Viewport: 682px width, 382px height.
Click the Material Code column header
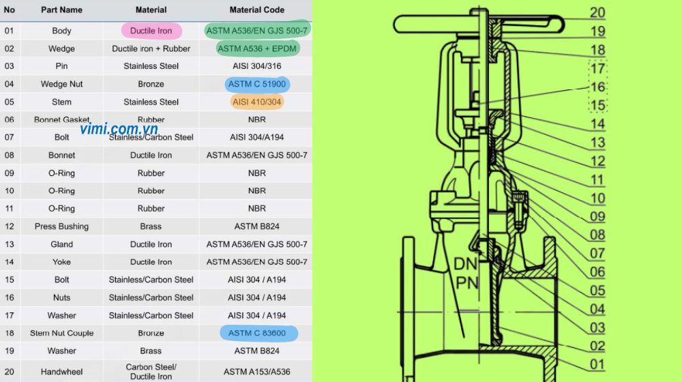pos(256,10)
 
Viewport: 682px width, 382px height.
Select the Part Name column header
pos(61,10)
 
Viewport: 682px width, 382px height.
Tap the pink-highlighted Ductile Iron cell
pos(151,31)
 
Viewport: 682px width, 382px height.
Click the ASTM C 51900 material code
pos(257,84)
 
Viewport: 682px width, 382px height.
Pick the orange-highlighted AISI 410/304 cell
pos(256,102)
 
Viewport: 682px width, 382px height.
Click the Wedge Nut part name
pos(61,84)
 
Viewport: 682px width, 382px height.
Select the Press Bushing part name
pos(61,226)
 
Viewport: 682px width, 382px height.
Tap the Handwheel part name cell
pos(61,372)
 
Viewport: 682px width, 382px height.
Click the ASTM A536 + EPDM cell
pos(257,48)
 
